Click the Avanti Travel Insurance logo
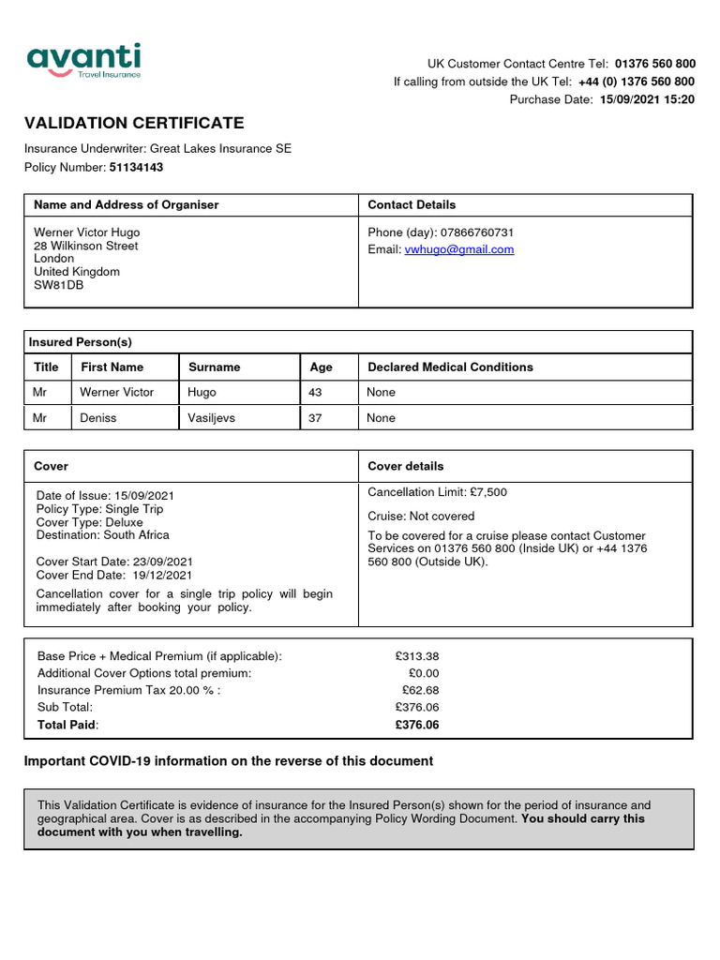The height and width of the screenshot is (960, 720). coord(83,61)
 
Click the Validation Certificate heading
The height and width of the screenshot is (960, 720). coord(133,123)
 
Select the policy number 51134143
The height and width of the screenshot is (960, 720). coord(136,167)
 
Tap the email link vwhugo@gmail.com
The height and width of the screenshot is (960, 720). coord(458,249)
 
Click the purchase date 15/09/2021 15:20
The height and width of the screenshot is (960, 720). coord(647,99)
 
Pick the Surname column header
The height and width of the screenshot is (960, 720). coord(214,367)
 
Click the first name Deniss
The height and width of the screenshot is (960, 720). coord(98,418)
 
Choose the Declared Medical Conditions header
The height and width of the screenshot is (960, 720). coord(450,367)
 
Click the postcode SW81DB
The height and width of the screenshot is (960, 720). coord(58,285)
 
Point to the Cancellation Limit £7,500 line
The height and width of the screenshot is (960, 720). coord(437,492)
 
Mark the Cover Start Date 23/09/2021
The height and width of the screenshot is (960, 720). coord(114,561)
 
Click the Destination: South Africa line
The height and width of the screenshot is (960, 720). coord(103,535)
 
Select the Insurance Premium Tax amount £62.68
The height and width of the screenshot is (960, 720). coord(420,690)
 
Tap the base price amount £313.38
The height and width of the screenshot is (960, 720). coord(417,656)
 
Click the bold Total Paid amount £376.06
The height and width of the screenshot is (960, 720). coord(417,725)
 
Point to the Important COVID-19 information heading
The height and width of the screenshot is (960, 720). coord(228,761)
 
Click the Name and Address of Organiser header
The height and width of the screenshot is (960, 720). coord(126,204)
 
